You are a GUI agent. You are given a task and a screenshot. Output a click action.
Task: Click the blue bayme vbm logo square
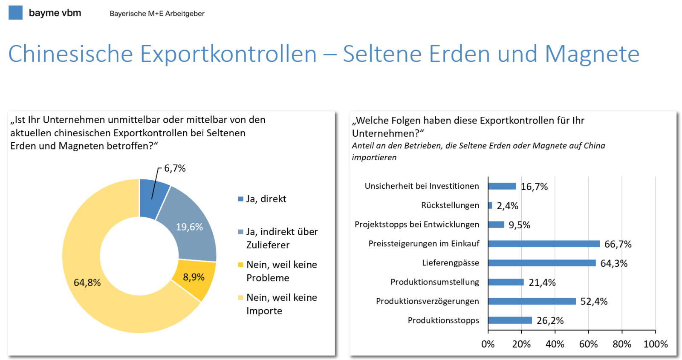[x=15, y=12]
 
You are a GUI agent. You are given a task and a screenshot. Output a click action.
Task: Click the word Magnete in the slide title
[x=592, y=54]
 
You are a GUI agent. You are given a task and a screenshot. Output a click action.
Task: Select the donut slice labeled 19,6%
[x=190, y=226]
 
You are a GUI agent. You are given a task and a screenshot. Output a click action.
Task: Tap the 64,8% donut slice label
[x=87, y=283]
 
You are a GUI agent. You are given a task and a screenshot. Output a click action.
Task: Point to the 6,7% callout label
[x=175, y=168]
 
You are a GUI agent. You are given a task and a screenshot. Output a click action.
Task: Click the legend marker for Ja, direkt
[x=241, y=199]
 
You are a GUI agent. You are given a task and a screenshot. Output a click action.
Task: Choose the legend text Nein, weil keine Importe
[x=281, y=304]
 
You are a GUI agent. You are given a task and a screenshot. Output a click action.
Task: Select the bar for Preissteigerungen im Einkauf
[x=543, y=244]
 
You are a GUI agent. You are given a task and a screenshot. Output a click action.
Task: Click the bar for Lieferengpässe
[x=541, y=263]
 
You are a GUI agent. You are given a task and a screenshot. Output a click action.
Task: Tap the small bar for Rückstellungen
[x=490, y=205]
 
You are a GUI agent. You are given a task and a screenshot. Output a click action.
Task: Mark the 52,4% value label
[x=594, y=302]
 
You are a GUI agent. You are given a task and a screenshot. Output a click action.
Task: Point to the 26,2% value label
[x=550, y=321]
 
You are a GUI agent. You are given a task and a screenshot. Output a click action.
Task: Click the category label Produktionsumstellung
[x=434, y=282]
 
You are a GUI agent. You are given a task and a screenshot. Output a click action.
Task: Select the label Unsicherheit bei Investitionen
[x=422, y=186]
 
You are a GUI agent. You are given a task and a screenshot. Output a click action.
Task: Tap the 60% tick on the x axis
[x=588, y=344]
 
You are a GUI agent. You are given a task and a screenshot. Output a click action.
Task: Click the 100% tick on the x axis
[x=655, y=344]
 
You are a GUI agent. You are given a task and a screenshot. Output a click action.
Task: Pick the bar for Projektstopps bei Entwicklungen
[x=496, y=225]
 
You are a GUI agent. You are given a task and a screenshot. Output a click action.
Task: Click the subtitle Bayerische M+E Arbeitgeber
[x=157, y=14]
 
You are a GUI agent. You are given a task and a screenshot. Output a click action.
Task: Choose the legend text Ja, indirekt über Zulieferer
[x=281, y=238]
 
